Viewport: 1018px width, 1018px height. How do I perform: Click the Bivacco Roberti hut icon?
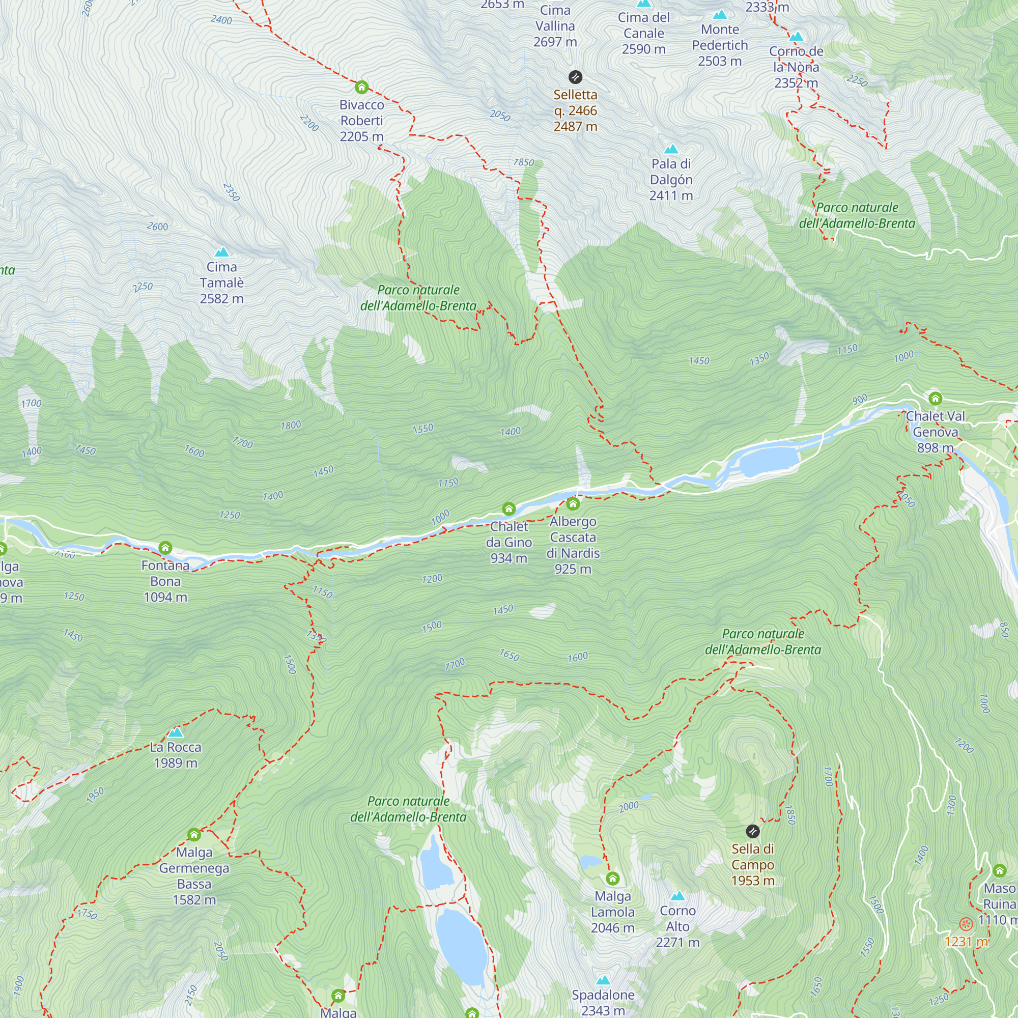361,87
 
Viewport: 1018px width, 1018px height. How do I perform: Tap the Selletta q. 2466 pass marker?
575,77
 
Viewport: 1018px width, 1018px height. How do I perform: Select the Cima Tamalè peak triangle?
222,252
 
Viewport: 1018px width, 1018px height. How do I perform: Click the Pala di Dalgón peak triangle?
671,149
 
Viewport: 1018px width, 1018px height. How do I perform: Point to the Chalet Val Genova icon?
935,399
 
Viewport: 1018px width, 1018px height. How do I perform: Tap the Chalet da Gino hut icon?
508,508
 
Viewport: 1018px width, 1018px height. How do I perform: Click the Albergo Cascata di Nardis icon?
573,504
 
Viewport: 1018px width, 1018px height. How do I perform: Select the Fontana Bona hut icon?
165,548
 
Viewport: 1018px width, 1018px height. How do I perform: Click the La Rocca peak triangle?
176,732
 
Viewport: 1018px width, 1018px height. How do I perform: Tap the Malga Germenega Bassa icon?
194,835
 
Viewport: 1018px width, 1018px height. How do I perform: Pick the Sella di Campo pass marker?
753,832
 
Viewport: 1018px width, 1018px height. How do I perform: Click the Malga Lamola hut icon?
612,879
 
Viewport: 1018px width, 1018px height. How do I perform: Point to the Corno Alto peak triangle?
677,896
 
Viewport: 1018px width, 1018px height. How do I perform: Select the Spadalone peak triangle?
603,980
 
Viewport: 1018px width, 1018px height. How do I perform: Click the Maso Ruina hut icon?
1000,870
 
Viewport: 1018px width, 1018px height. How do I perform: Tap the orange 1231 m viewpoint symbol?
965,924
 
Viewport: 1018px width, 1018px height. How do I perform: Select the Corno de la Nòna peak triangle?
796,36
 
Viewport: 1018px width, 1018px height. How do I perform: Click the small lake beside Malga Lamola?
589,862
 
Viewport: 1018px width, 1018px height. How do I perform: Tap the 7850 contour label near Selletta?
523,162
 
